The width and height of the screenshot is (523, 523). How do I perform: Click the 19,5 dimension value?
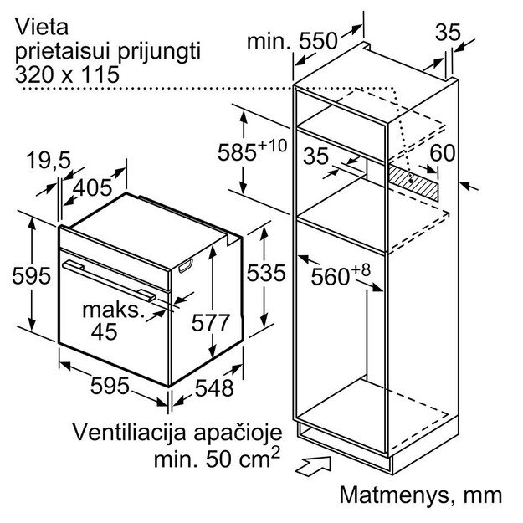[x=49, y=160]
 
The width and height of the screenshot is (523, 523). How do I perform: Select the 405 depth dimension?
[x=92, y=187]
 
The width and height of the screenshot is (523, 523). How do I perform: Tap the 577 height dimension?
[x=211, y=322]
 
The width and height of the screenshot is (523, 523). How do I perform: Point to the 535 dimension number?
[x=266, y=273]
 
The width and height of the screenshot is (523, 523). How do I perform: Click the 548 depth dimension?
[x=214, y=388]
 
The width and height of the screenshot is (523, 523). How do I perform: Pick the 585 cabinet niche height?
[x=252, y=151]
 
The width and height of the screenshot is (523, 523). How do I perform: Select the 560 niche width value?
[x=341, y=274]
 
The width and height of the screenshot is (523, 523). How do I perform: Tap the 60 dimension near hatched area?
[x=443, y=153]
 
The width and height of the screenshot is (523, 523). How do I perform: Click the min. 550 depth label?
[x=292, y=41]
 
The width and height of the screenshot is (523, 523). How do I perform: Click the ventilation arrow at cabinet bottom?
[x=313, y=465]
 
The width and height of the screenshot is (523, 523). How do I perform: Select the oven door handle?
[x=109, y=280]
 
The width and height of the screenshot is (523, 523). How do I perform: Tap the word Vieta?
[x=42, y=27]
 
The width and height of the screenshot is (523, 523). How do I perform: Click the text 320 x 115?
[x=67, y=74]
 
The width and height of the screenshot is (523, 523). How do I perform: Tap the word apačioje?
[x=238, y=433]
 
